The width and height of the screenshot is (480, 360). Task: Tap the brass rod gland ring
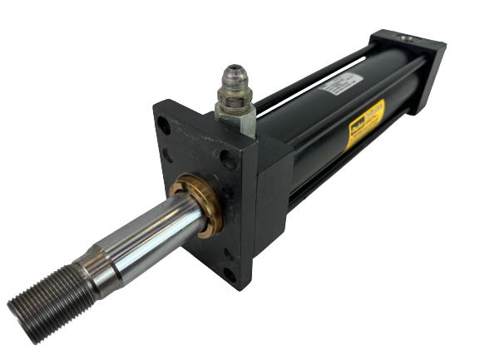(x=198, y=203)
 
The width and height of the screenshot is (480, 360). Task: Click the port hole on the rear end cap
(x=408, y=37)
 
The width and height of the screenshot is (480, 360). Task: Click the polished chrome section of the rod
(x=158, y=237)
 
